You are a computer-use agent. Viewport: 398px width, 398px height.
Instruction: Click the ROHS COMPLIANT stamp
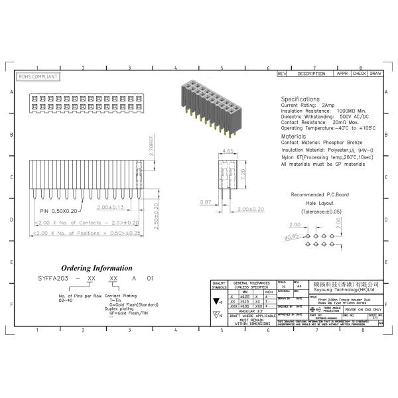[38, 77]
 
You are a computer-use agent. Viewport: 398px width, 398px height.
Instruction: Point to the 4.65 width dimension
[226, 152]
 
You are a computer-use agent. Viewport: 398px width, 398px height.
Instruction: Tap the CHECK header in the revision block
[359, 73]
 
